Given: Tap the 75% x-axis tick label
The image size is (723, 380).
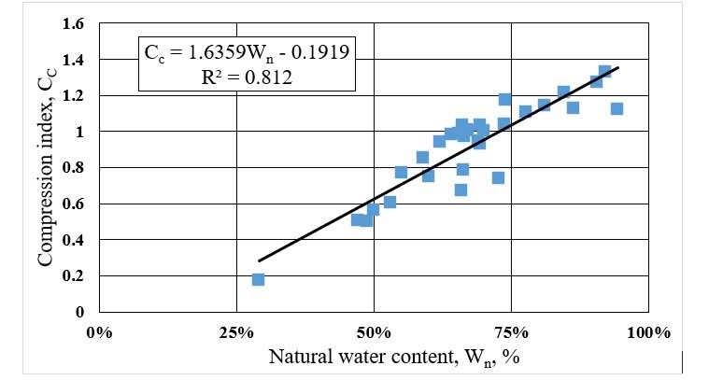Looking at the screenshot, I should (511, 332).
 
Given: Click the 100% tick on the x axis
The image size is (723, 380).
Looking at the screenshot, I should (645, 332).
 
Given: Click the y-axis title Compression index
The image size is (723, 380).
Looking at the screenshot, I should (46, 169).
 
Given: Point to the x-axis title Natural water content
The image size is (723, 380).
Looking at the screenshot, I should (377, 357).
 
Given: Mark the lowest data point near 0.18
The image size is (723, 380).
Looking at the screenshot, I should (258, 279).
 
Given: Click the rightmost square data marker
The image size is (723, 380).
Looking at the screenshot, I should (617, 108).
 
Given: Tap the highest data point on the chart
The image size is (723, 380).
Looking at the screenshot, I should (604, 72).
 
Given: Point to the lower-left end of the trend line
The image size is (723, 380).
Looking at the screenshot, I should (259, 260).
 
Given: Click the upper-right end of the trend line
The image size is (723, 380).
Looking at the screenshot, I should (618, 67).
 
